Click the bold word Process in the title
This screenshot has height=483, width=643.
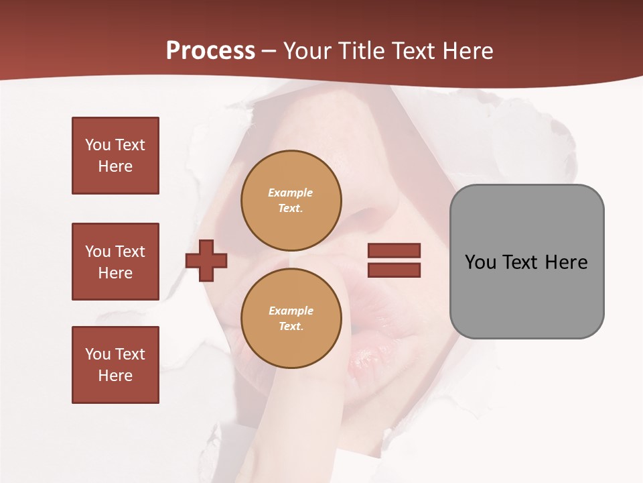point(210,51)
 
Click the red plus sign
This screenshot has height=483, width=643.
point(206,260)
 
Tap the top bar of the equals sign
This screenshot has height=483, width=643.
point(394,251)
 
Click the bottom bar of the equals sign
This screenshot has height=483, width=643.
point(394,270)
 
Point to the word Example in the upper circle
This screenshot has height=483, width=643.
point(290,193)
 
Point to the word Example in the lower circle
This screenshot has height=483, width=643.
point(291,311)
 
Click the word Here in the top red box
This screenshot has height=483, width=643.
point(115,166)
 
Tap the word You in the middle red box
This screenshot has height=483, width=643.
point(96,252)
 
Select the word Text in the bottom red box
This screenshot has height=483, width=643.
point(130,354)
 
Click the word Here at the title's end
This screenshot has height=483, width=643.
point(467,51)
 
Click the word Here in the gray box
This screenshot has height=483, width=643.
point(566,262)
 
